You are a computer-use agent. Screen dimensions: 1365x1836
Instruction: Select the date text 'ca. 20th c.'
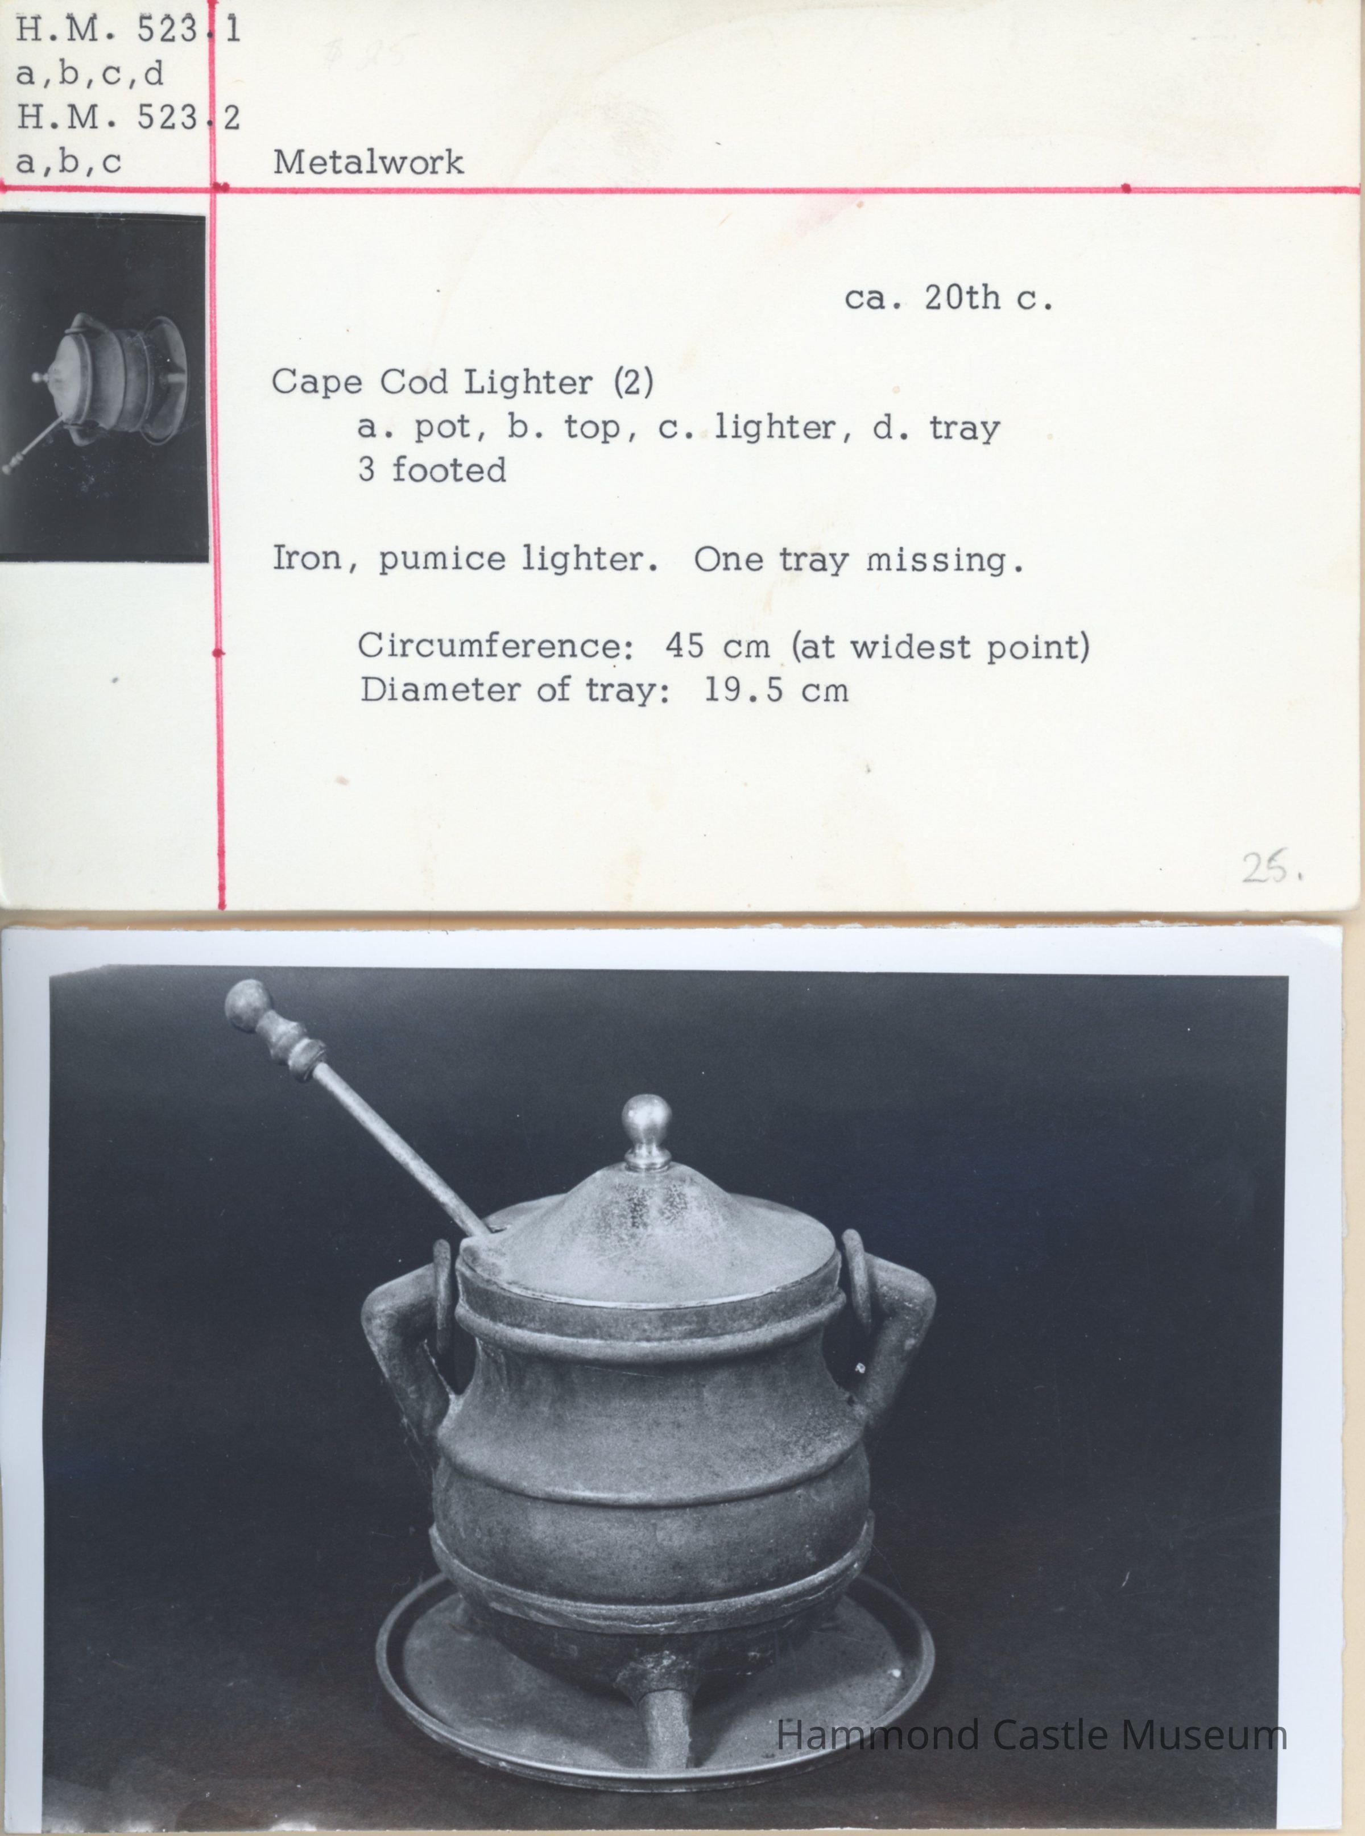949,297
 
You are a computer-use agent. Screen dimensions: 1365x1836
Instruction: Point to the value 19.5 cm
776,690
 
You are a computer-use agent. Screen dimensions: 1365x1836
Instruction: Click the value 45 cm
717,646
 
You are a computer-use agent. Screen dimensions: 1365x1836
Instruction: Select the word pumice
442,560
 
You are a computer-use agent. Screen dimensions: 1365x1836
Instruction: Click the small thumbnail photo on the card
104,387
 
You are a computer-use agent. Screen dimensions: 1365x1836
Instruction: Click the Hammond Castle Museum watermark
1031,1734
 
